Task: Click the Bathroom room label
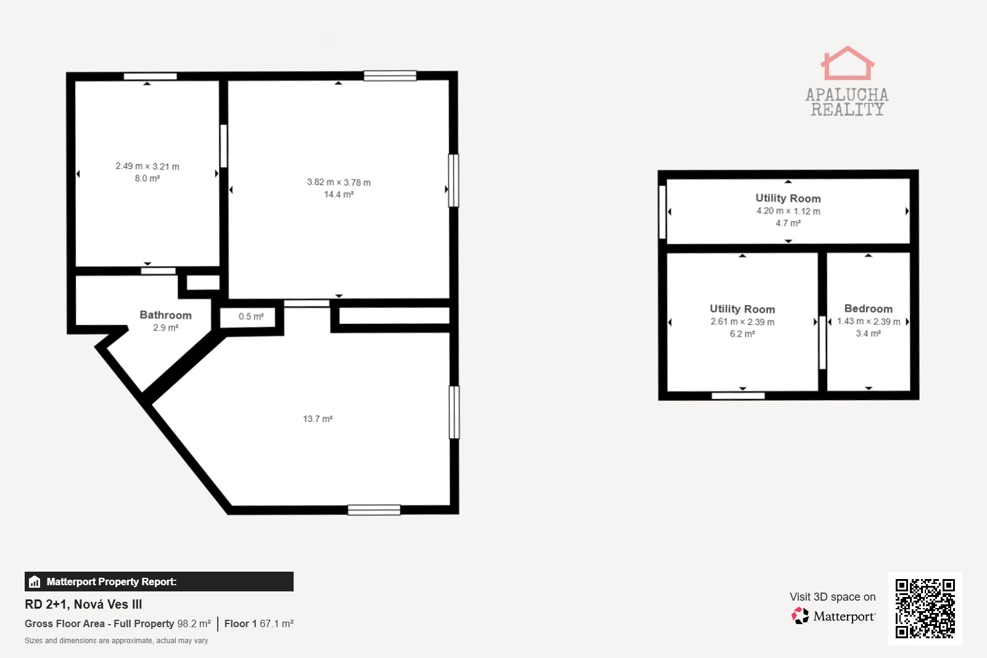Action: tap(166, 315)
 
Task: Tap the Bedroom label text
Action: tap(868, 309)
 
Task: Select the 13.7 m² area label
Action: tap(318, 419)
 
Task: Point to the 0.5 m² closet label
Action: tap(251, 316)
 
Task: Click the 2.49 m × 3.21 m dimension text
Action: tap(147, 167)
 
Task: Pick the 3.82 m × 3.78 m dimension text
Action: tap(339, 183)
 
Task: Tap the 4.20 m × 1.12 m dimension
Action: tap(788, 211)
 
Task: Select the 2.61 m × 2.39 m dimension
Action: tap(742, 322)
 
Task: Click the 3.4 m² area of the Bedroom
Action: tap(868, 334)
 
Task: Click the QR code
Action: tap(925, 608)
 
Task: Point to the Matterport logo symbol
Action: tap(800, 615)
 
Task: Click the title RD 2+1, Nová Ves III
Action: tap(83, 604)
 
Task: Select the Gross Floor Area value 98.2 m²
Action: tap(194, 623)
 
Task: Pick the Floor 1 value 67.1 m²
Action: tap(276, 623)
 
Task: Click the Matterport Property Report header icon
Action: tap(35, 582)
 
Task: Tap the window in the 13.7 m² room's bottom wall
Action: tap(374, 510)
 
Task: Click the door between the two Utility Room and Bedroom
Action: tap(822, 343)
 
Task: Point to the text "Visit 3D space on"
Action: tap(832, 597)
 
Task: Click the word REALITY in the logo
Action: tap(848, 110)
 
